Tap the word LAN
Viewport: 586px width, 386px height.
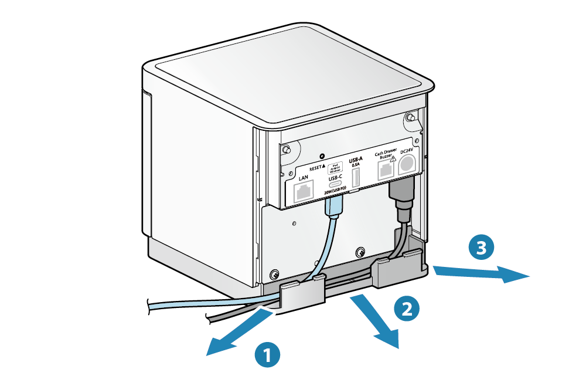pos(304,177)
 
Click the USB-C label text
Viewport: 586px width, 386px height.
pos(336,177)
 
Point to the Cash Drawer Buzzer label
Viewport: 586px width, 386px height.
pos(386,154)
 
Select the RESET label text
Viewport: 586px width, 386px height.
pos(319,167)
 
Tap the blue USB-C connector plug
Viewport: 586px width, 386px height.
pos(334,205)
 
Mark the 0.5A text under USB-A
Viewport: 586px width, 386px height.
pos(356,165)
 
